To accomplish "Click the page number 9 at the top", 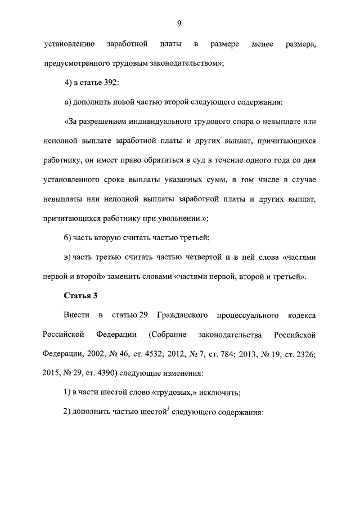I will (x=178, y=23).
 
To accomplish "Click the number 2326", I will (x=302, y=354).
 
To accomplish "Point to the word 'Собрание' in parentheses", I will (x=170, y=335).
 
